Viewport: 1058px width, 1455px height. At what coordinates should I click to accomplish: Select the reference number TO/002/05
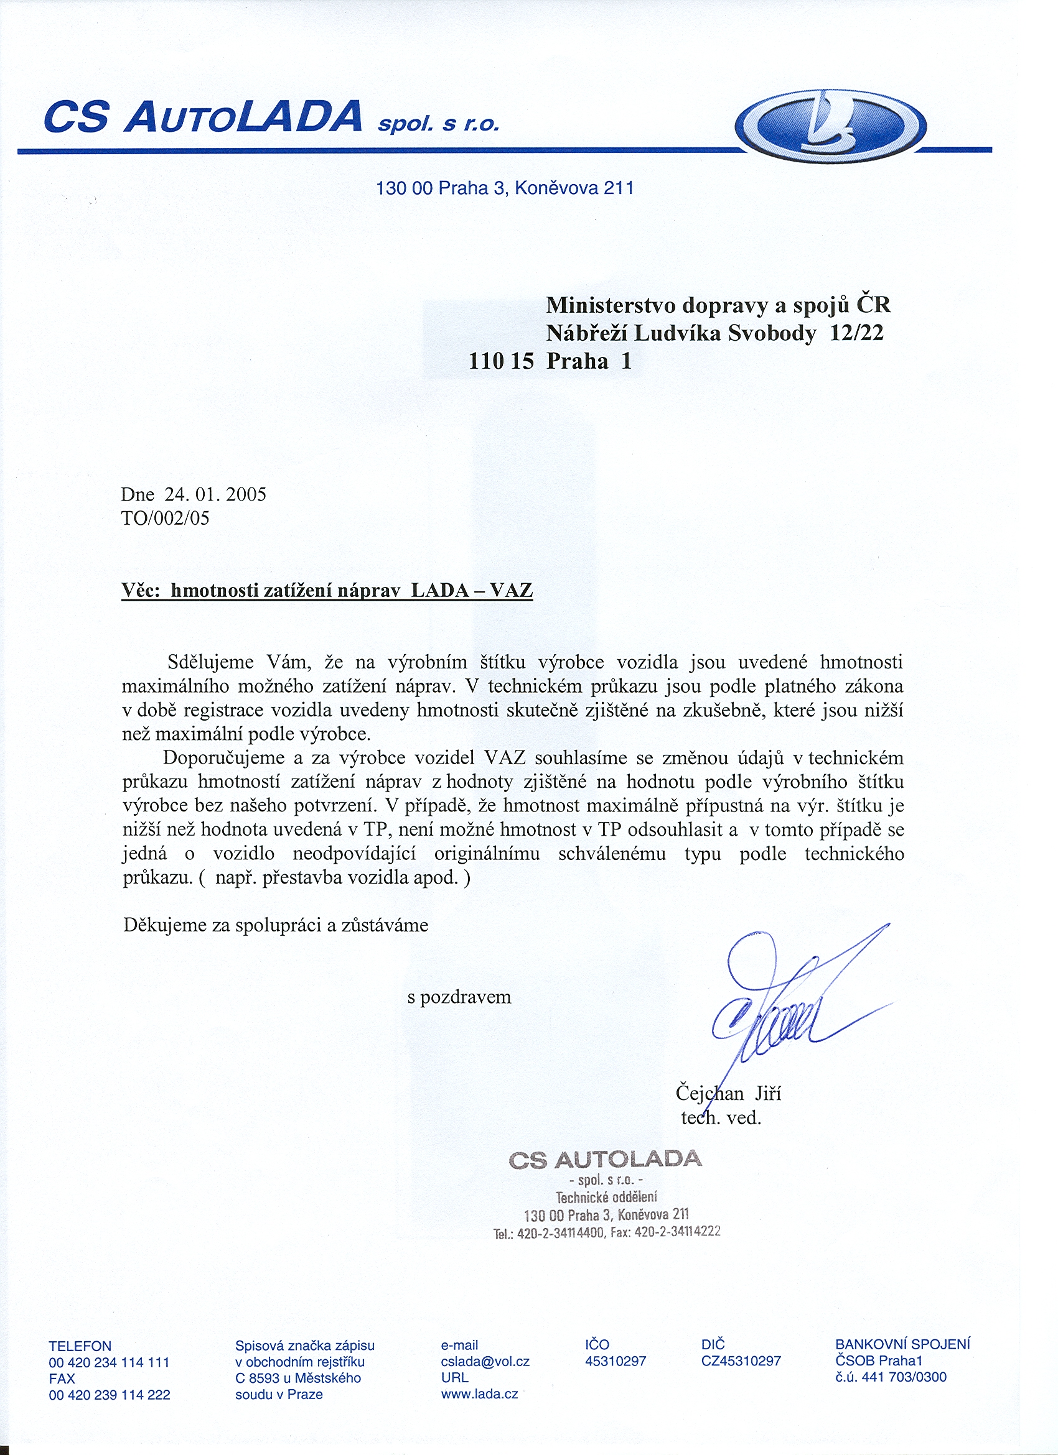coord(165,518)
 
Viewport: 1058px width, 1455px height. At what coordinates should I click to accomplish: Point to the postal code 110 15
coord(501,361)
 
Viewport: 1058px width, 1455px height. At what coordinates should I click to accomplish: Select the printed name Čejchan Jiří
coord(728,1093)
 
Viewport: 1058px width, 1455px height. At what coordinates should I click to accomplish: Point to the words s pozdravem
coord(459,997)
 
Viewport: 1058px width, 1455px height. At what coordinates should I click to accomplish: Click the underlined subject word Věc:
coord(141,589)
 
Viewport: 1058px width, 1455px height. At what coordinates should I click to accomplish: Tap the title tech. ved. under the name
coord(720,1118)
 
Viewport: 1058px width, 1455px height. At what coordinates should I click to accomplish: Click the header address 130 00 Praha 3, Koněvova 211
coord(505,188)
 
